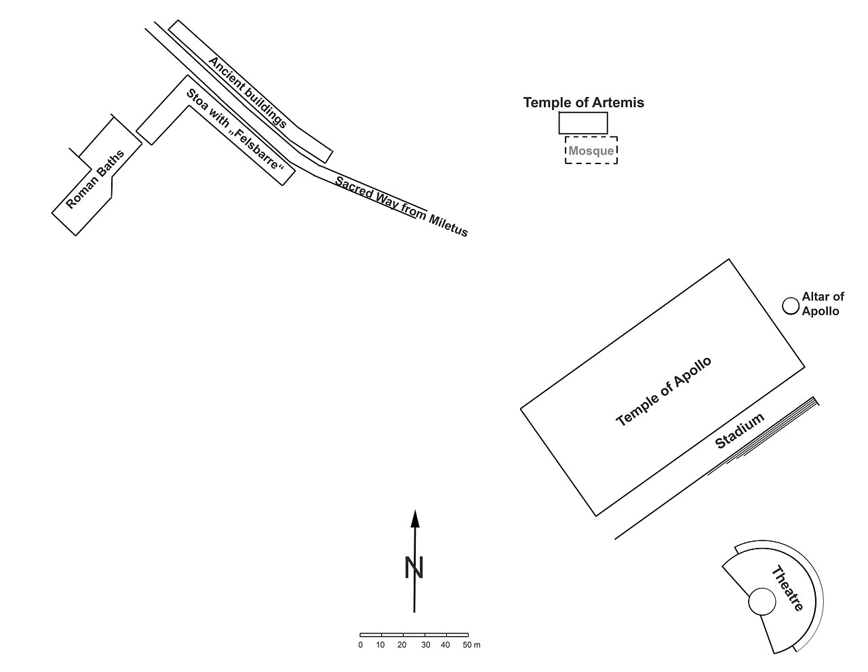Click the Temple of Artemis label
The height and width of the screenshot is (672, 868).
pos(583,103)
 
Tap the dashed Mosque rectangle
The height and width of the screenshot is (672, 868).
pos(591,151)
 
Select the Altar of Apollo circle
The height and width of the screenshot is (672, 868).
pos(790,306)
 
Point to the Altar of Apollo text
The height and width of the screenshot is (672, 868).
pos(823,304)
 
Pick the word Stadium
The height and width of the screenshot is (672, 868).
pos(740,431)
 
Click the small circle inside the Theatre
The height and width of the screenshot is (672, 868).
pos(762,601)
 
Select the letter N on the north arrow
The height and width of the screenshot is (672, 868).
pos(414,568)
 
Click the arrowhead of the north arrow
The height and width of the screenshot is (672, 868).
pos(415,518)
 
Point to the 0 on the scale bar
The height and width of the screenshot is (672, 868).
pos(361,645)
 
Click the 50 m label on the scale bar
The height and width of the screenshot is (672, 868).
pos(471,645)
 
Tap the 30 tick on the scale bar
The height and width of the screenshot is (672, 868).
pos(425,645)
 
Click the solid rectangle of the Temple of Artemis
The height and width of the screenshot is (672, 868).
pos(583,123)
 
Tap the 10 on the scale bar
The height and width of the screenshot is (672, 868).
pos(380,645)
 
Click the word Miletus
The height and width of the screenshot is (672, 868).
pos(448,224)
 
